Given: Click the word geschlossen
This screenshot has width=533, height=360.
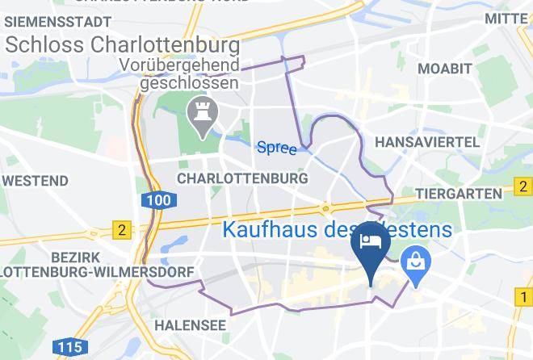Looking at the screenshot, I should point(189,82).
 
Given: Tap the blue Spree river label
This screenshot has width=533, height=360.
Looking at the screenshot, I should point(277,148).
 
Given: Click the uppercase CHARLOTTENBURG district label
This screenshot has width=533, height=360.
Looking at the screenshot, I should point(242,178).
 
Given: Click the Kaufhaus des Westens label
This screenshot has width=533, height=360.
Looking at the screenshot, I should point(335,230).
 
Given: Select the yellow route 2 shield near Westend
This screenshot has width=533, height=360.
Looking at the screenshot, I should point(122,230).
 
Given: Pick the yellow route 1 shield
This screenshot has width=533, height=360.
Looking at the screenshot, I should point(523,299).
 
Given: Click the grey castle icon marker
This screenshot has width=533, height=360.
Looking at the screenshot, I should point(198,114).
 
